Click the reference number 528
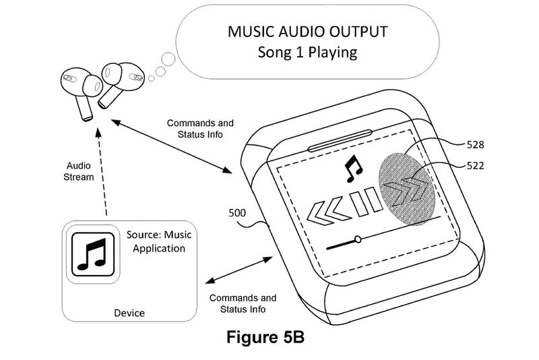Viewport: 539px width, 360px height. point(476,144)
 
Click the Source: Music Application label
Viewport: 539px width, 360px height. point(156,242)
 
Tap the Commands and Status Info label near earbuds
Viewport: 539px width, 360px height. point(200,129)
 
